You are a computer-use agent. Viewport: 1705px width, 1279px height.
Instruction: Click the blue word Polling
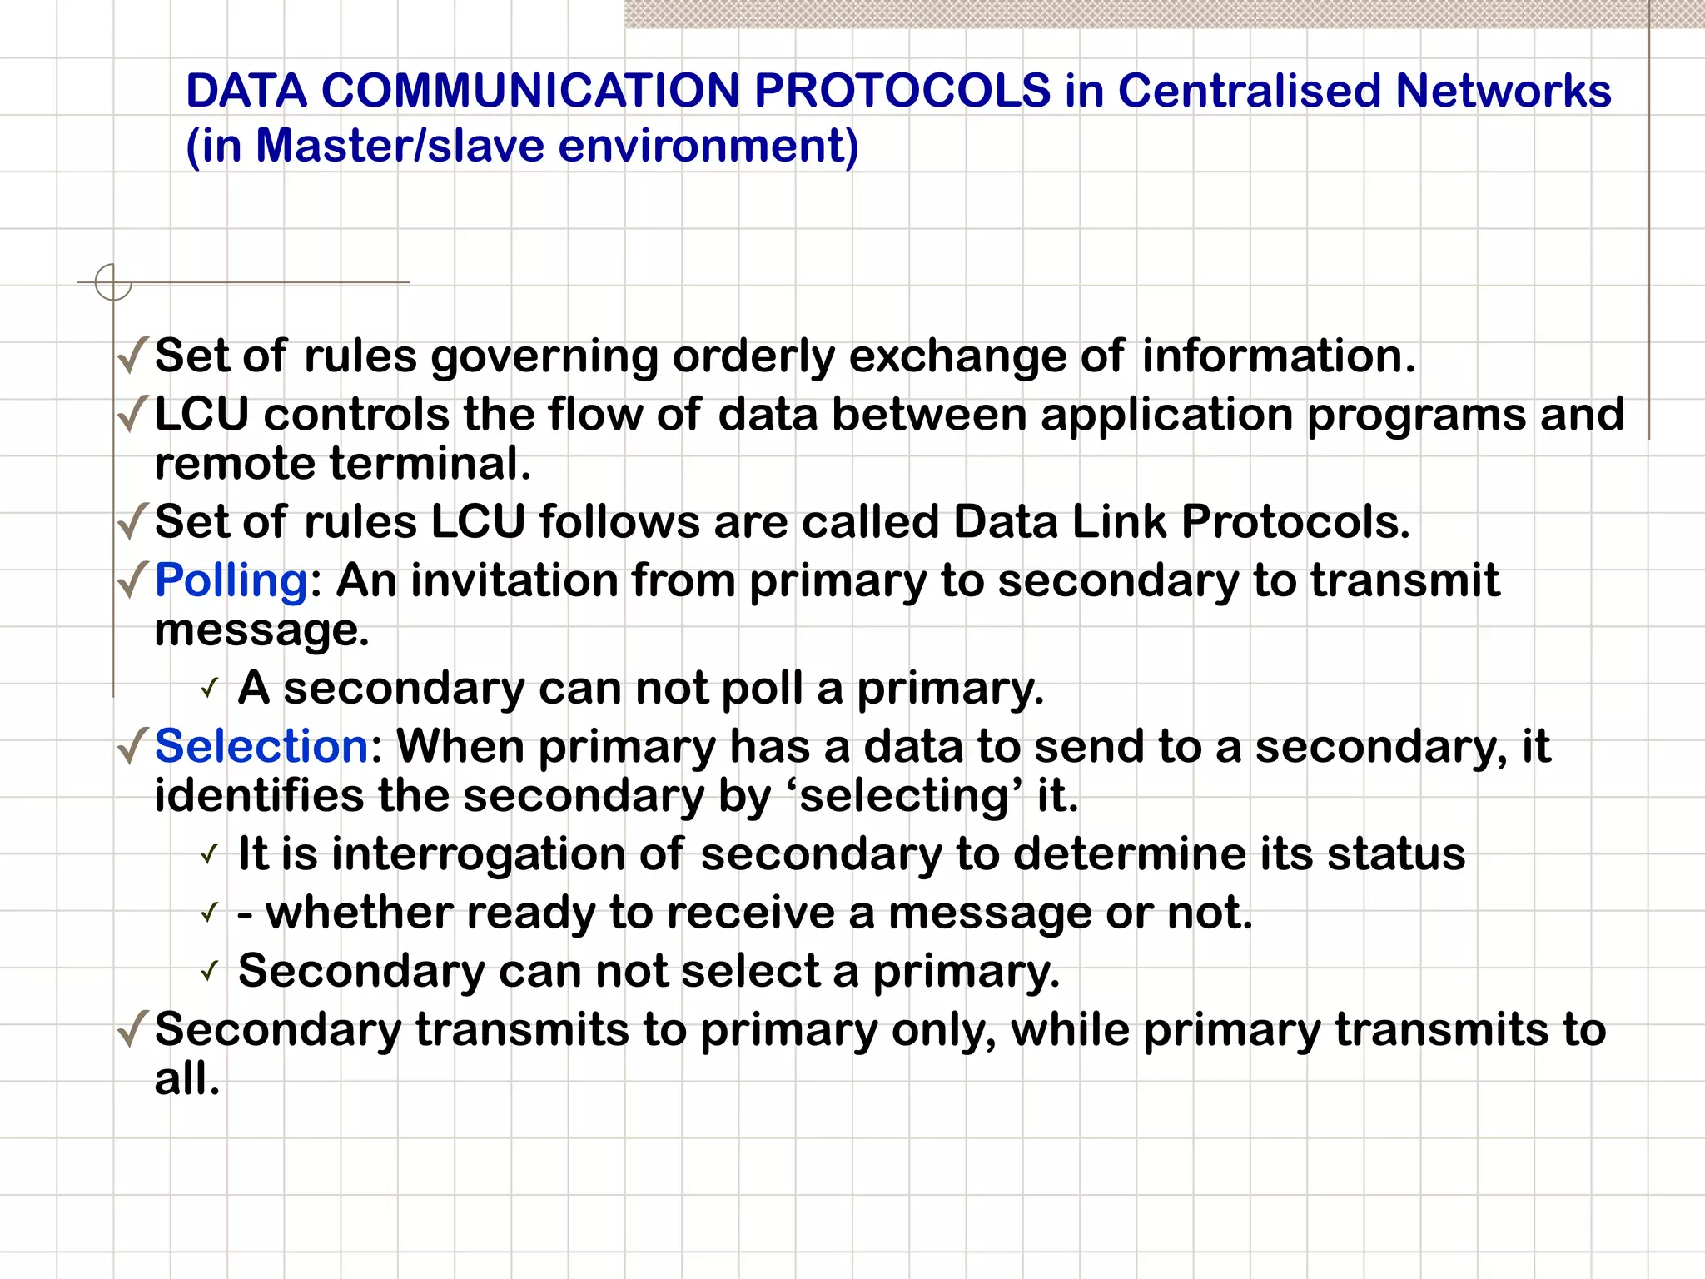tap(231, 580)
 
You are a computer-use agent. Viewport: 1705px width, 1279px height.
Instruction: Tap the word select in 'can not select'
tap(749, 971)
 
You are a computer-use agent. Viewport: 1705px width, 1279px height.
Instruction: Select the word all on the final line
tap(186, 1079)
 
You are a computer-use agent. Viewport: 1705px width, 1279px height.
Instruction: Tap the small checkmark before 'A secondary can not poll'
tap(210, 689)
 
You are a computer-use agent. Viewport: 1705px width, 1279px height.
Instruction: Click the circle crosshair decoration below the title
tap(113, 282)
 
